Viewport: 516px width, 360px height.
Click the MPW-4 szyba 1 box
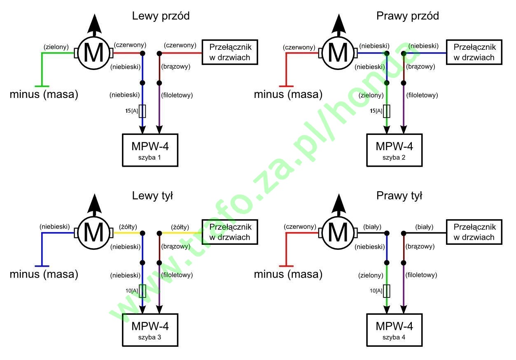pyautogui.click(x=150, y=150)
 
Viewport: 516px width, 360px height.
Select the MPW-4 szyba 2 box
pyautogui.click(x=394, y=150)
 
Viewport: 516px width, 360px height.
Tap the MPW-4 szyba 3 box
pyautogui.click(x=150, y=330)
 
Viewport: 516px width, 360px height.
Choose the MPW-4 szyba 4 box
pyautogui.click(x=394, y=330)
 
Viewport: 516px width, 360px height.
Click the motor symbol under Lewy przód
pyautogui.click(x=93, y=53)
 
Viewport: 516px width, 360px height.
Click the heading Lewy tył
pyautogui.click(x=152, y=196)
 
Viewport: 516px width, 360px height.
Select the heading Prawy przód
pyautogui.click(x=407, y=16)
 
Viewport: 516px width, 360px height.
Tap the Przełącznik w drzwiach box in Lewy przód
pyautogui.click(x=229, y=52)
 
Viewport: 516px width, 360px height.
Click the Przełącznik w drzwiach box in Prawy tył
pyautogui.click(x=474, y=232)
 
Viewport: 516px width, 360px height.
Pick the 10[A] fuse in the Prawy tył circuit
pyautogui.click(x=387, y=291)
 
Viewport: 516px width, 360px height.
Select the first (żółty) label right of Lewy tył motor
pyautogui.click(x=128, y=227)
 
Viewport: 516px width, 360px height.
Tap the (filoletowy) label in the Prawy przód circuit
pyautogui.click(x=422, y=95)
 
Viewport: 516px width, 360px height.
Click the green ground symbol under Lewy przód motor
pyautogui.click(x=41, y=86)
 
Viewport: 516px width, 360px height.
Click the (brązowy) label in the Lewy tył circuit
pyautogui.click(x=176, y=247)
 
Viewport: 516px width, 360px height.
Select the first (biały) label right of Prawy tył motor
pyautogui.click(x=372, y=227)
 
